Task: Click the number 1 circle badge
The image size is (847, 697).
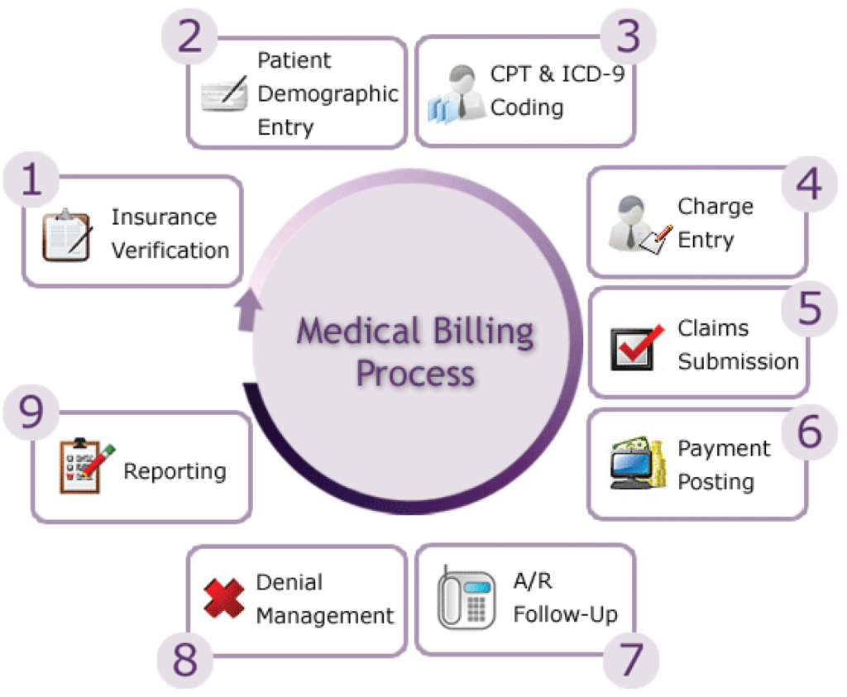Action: click(x=31, y=180)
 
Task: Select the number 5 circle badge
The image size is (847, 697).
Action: click(x=810, y=308)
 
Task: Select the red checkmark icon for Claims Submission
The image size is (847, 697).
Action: click(x=637, y=346)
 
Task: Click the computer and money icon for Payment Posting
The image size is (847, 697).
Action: click(x=638, y=464)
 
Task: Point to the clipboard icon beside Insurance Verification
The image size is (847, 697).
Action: click(x=66, y=234)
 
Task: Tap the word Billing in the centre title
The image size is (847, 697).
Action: click(x=485, y=332)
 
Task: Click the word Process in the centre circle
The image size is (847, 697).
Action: click(x=415, y=373)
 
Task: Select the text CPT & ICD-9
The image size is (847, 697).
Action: click(x=557, y=74)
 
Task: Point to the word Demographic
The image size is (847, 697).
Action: click(x=328, y=94)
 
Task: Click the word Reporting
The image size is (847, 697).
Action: click(x=175, y=471)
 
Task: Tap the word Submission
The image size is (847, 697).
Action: click(x=738, y=361)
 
